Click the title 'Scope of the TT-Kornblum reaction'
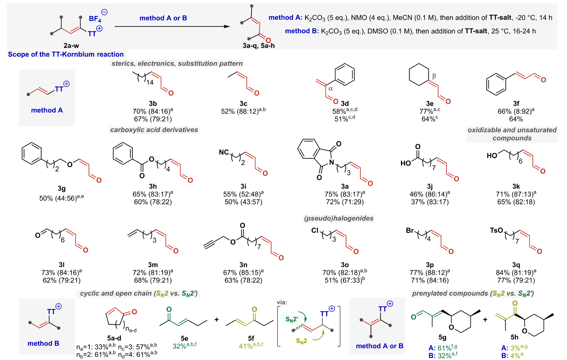coord(66,54)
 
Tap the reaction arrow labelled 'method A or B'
coord(172,26)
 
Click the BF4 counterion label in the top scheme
coord(95,19)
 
